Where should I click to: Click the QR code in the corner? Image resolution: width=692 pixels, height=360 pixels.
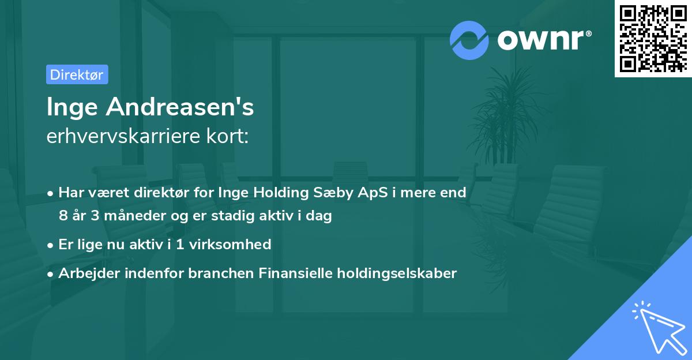pos(653,39)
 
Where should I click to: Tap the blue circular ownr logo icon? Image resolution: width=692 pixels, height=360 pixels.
pos(469,40)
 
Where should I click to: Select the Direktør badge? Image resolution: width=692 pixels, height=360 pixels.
pos(77,74)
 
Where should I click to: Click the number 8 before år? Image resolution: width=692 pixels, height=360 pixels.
pos(63,216)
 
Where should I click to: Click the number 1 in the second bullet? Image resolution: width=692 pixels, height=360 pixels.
pos(180,245)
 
